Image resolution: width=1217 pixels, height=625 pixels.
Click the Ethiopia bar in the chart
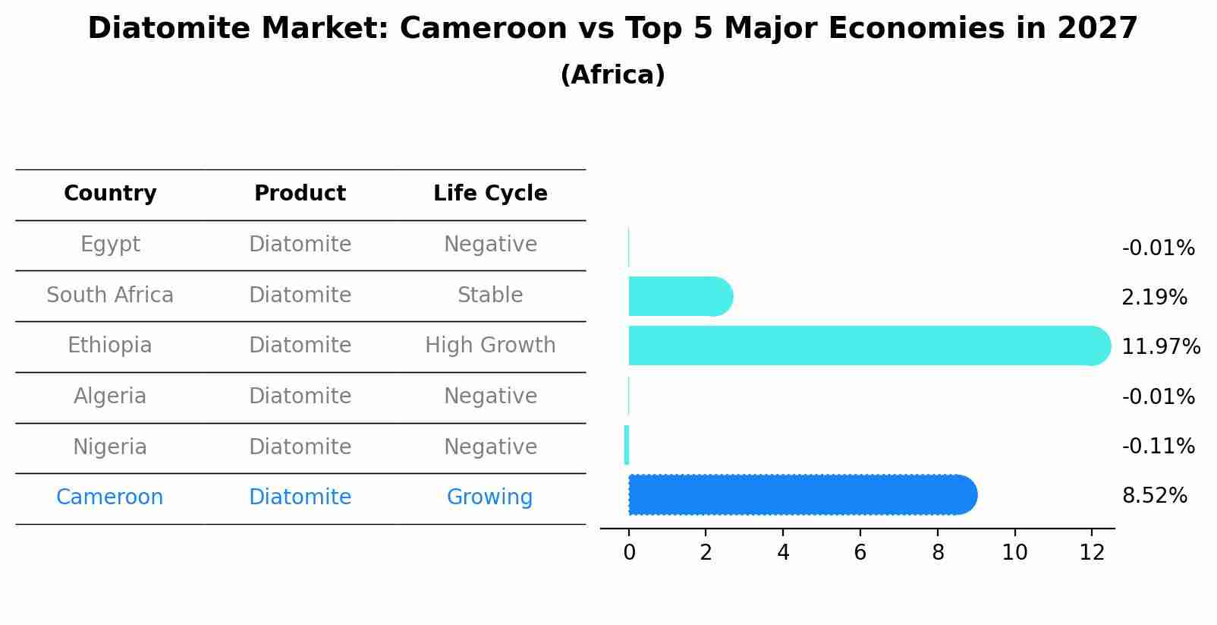pos(865,346)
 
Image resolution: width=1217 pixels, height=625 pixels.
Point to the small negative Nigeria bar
pos(627,445)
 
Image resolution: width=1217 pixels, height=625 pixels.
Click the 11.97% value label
pos(1160,347)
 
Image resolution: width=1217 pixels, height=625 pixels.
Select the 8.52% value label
pos(1154,496)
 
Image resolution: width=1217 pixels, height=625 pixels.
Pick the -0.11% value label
pos(1158,446)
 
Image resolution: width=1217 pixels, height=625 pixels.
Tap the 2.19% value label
pos(1154,298)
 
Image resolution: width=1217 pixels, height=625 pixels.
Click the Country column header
pos(110,194)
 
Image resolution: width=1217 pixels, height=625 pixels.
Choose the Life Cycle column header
pos(490,194)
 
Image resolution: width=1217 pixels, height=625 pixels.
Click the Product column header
pos(300,194)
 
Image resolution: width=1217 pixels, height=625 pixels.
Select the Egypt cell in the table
pos(110,245)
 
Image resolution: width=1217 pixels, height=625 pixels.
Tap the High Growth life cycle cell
pos(490,346)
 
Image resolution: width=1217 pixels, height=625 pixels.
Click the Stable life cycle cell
pos(490,295)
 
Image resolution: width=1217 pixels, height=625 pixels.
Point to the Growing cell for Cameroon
pos(489,497)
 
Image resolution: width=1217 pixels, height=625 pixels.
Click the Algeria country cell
pos(110,396)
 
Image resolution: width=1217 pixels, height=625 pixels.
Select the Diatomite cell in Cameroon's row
pos(300,497)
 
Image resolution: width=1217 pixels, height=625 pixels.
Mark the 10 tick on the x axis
pos(1014,553)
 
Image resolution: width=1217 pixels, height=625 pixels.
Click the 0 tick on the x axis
pos(629,553)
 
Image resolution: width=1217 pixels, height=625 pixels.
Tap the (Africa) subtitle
pos(612,75)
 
